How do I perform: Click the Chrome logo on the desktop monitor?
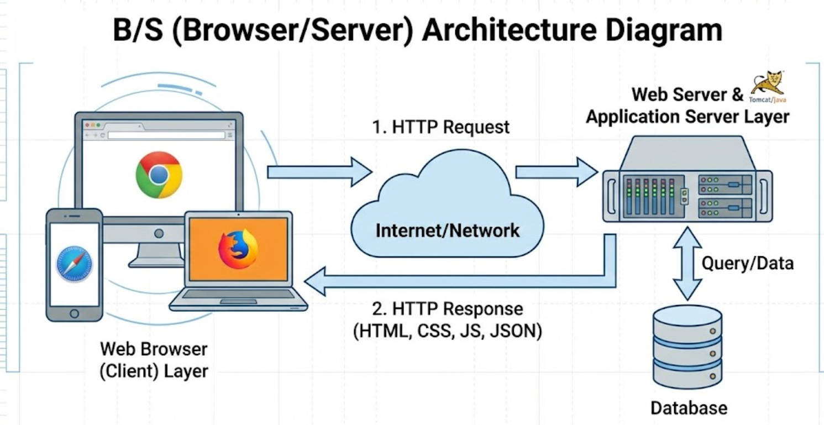point(159,175)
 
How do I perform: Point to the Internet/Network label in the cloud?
point(448,230)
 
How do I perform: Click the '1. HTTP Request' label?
point(440,127)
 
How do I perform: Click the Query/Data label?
point(747,263)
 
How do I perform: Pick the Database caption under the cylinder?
point(689,408)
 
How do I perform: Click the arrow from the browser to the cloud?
point(319,172)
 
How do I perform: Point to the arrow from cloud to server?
point(556,172)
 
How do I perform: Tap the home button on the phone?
point(74,313)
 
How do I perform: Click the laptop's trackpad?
point(238,301)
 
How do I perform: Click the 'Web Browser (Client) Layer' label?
point(154,360)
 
